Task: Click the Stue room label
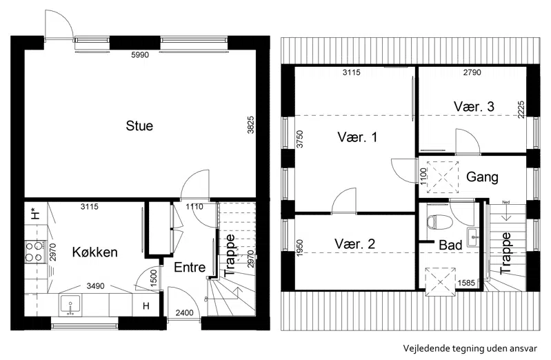pyautogui.click(x=139, y=126)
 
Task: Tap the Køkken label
pyautogui.click(x=95, y=252)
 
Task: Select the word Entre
pyautogui.click(x=190, y=267)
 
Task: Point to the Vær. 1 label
pyautogui.click(x=357, y=137)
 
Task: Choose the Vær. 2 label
pyautogui.click(x=354, y=243)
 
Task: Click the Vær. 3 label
pyautogui.click(x=474, y=106)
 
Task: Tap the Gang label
pyautogui.click(x=482, y=177)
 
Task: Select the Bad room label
pyautogui.click(x=450, y=245)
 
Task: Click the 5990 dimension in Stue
pyautogui.click(x=140, y=55)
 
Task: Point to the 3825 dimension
pyautogui.click(x=250, y=125)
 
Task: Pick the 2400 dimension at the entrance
pyautogui.click(x=185, y=312)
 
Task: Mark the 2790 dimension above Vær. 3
pyautogui.click(x=472, y=72)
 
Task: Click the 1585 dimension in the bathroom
pyautogui.click(x=466, y=283)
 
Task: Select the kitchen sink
pyautogui.click(x=70, y=304)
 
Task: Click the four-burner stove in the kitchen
pyautogui.click(x=34, y=251)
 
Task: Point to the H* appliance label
pyautogui.click(x=34, y=213)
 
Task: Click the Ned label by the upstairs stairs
pyautogui.click(x=506, y=202)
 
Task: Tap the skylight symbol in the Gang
pyautogui.click(x=443, y=177)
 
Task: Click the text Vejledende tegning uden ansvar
pyautogui.click(x=470, y=348)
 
